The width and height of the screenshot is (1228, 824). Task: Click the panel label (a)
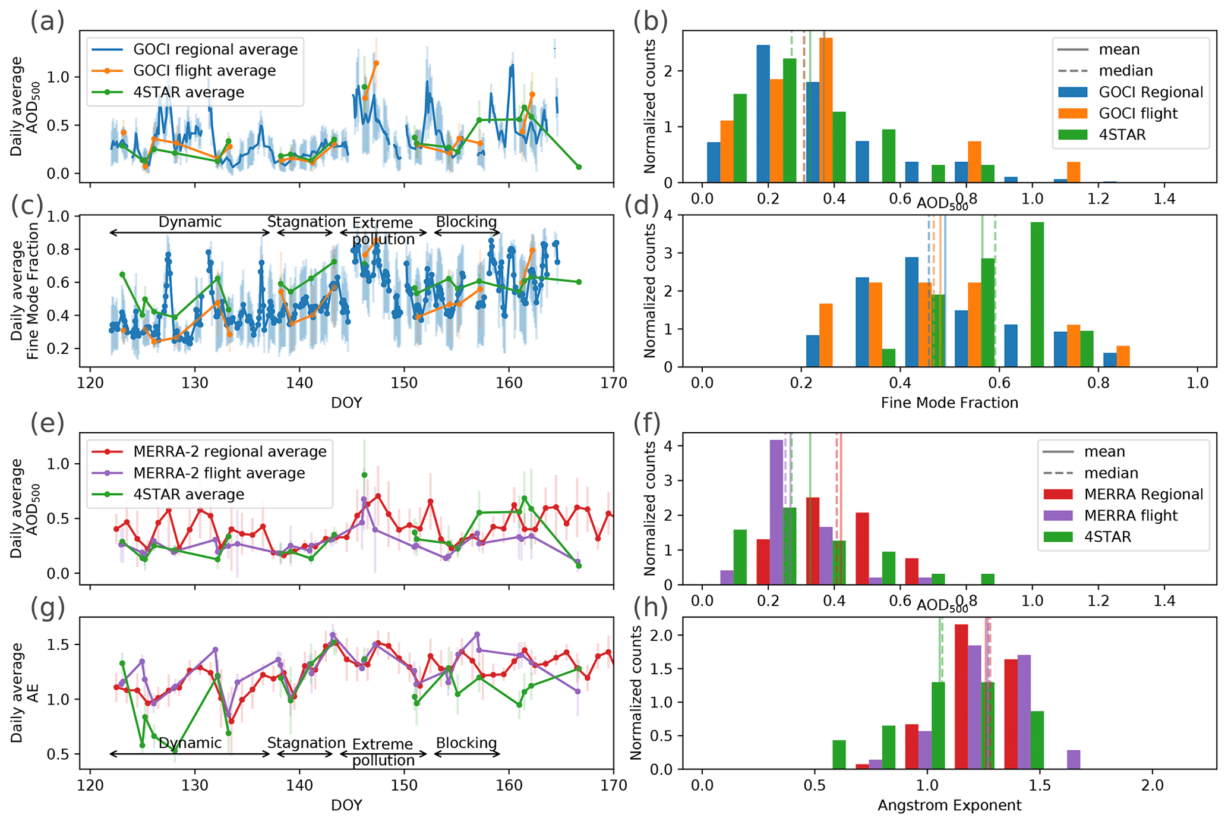(x=47, y=22)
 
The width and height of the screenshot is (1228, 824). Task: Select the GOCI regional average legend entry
(x=215, y=49)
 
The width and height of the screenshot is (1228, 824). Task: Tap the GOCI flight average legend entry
(x=204, y=71)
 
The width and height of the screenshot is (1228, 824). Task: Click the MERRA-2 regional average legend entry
(x=229, y=452)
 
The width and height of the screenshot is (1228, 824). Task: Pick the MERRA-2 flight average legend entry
(x=219, y=473)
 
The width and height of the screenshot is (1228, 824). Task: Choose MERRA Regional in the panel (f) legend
(x=1143, y=495)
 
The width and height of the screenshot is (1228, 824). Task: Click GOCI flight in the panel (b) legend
(x=1138, y=114)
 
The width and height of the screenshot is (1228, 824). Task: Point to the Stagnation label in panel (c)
(x=306, y=222)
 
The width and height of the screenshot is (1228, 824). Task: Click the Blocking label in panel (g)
(x=466, y=743)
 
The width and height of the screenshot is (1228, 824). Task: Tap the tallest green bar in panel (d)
(x=1037, y=294)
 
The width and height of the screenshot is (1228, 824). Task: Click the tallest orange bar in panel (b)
(x=826, y=110)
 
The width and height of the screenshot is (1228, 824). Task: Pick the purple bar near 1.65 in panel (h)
(x=1074, y=760)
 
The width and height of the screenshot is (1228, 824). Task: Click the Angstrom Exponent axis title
(x=949, y=806)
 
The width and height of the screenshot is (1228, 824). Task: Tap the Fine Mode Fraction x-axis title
(x=949, y=403)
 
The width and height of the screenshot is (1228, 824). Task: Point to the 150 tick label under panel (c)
(x=404, y=383)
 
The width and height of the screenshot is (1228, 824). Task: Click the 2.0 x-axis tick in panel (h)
(x=1152, y=785)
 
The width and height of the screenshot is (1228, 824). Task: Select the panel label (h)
(x=651, y=608)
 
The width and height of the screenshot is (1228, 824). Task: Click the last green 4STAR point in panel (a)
(x=579, y=167)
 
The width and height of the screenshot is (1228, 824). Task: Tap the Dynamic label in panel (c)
(x=190, y=222)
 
